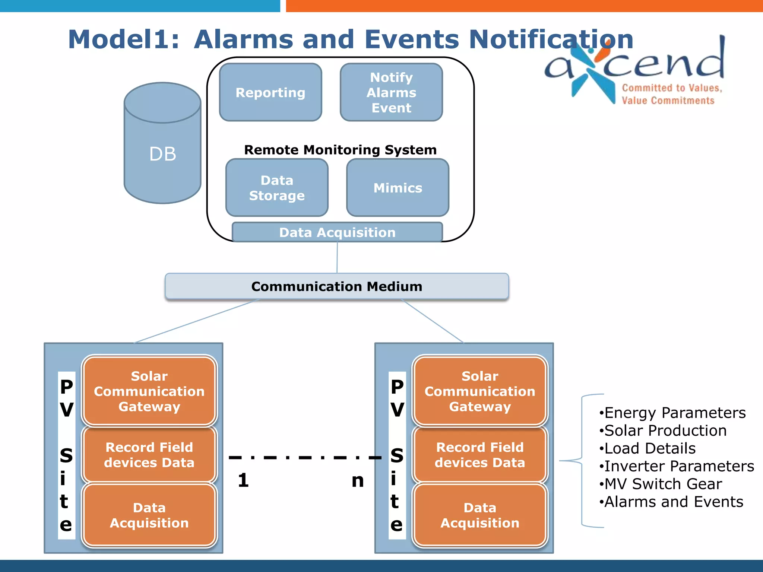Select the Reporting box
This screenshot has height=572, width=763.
click(x=270, y=92)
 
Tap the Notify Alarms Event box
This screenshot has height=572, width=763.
click(x=391, y=92)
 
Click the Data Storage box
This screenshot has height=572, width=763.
click(x=277, y=188)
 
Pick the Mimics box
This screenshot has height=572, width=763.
click(x=398, y=188)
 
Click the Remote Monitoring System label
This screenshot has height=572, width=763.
click(x=340, y=150)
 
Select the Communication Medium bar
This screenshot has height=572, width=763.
click(x=337, y=286)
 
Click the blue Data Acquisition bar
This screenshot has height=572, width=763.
click(x=337, y=232)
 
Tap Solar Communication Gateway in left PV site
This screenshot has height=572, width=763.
click(x=149, y=391)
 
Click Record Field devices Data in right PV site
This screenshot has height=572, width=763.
click(x=480, y=455)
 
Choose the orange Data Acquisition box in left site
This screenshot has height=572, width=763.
click(x=149, y=515)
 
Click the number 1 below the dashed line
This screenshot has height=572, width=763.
click(x=243, y=480)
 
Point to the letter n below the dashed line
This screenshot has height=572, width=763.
click(x=358, y=481)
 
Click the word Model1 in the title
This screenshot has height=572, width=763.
click(x=123, y=39)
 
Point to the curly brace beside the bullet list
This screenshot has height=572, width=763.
click(x=582, y=461)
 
